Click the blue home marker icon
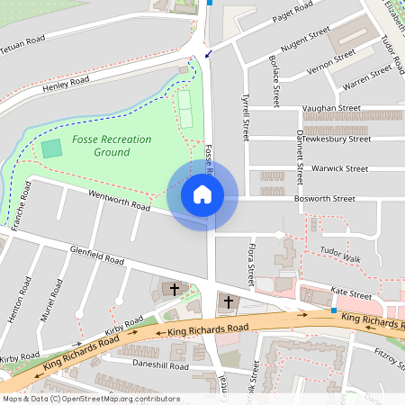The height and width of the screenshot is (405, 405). pos(202,194)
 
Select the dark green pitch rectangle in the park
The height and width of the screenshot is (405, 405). pos(51,148)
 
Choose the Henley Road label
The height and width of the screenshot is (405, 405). pos(66,85)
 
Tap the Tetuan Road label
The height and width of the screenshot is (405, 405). pos(22,41)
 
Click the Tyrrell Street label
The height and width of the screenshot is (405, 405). pos(243,118)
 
